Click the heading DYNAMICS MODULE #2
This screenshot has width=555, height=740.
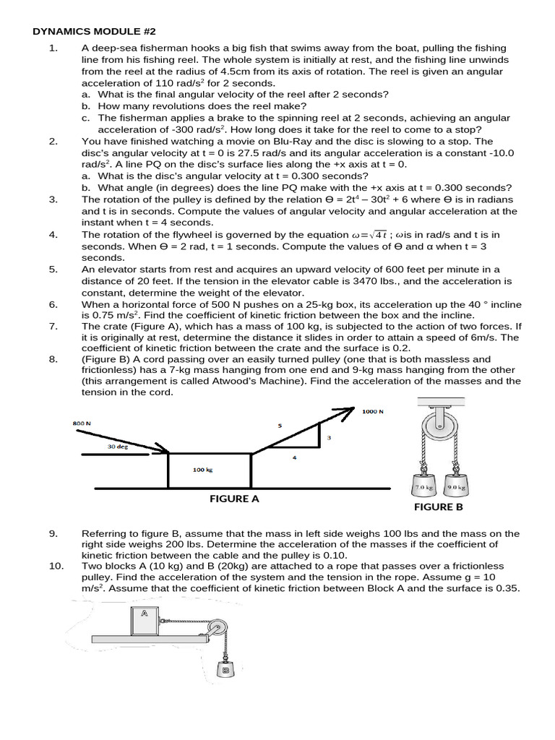(94, 32)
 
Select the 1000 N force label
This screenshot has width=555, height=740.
(373, 411)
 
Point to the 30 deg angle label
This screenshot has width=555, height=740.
(118, 446)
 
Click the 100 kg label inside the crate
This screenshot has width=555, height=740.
(203, 470)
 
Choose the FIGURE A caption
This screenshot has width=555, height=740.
(235, 499)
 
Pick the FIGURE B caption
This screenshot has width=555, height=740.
(439, 507)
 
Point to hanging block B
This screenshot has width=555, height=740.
(225, 669)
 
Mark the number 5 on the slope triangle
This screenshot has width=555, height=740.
(280, 426)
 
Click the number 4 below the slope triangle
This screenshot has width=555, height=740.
(294, 457)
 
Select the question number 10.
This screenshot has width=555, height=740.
(56, 566)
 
